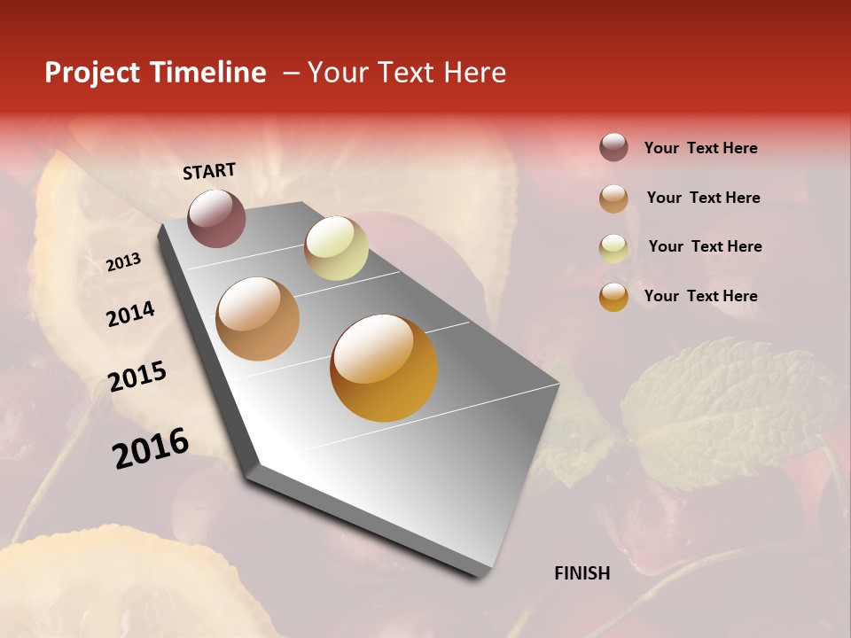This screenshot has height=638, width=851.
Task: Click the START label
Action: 209,171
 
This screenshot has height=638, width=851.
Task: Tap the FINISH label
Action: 582,573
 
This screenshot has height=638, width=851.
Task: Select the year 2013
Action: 123,262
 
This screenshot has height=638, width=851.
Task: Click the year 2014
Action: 130,314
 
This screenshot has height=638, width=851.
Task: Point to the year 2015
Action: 137,377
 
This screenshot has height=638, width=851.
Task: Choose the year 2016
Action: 151,447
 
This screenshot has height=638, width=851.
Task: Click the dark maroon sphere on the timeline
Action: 217,218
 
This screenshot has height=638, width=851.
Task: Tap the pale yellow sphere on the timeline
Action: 336,248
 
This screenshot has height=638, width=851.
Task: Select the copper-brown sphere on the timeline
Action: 258,319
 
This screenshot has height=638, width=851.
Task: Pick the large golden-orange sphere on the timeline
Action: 384,368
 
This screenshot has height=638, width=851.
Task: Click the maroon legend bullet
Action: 613,147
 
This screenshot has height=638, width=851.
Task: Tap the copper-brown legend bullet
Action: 613,198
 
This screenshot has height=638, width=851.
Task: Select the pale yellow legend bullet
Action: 613,247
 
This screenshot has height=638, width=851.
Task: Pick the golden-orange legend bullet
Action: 613,296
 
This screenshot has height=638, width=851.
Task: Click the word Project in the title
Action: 92,73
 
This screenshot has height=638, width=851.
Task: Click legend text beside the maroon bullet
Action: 700,148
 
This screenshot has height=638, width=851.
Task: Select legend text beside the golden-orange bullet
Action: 700,296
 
